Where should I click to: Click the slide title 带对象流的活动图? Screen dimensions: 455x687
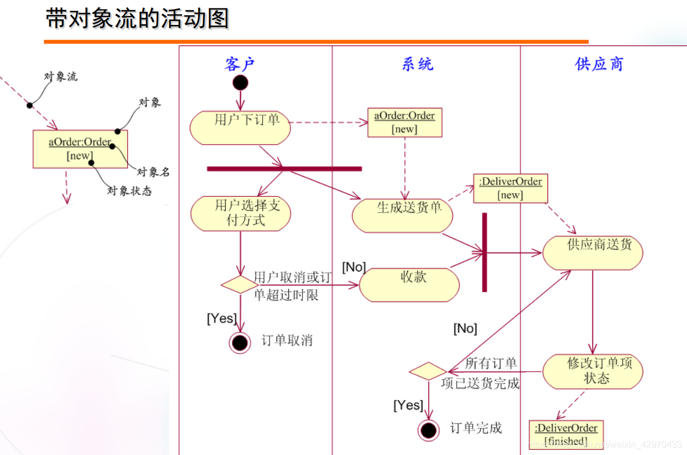coord(137,19)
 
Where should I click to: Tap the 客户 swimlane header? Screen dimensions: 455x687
coord(240,64)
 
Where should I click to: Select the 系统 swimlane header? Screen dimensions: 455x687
coord(418,64)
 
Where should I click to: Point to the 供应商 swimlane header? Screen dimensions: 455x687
coord(599,64)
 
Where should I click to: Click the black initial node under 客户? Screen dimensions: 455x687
coord(240,83)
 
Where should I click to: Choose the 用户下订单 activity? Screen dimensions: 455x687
coord(241,128)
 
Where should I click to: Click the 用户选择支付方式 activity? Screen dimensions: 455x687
coord(241,214)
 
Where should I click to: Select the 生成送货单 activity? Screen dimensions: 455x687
coord(403,215)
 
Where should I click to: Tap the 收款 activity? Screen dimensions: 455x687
coord(409,284)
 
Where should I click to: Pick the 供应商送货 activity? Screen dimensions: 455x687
coord(593,253)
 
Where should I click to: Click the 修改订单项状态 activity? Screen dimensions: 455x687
coord(593,372)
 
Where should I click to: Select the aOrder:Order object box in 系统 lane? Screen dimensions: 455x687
coord(404,123)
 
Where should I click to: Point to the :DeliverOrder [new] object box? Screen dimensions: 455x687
coord(511,188)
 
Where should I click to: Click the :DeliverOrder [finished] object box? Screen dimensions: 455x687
coord(566,435)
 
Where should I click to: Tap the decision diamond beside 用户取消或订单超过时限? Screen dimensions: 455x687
coord(239,285)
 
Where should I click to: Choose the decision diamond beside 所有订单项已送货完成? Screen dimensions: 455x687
coord(428,372)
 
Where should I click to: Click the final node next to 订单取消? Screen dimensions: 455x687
coord(240,343)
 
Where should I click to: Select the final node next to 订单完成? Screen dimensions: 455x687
coord(428,429)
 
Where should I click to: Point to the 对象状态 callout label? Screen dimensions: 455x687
coord(130,191)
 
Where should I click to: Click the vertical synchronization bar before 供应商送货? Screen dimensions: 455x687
coord(484,252)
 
